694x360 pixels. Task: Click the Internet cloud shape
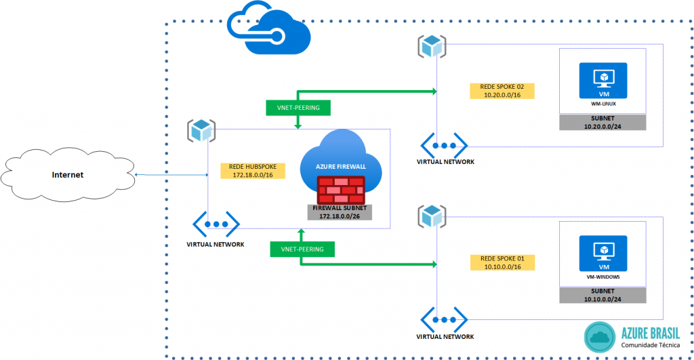click(68, 175)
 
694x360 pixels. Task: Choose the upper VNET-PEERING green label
click(298, 107)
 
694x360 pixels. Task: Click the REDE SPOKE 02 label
click(502, 92)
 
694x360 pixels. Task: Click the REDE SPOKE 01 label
click(502, 263)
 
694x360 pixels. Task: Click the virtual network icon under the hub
click(216, 224)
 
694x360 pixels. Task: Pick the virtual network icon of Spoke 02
click(445, 145)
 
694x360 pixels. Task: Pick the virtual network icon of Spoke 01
click(445, 319)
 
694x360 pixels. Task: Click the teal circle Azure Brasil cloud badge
click(599, 337)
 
